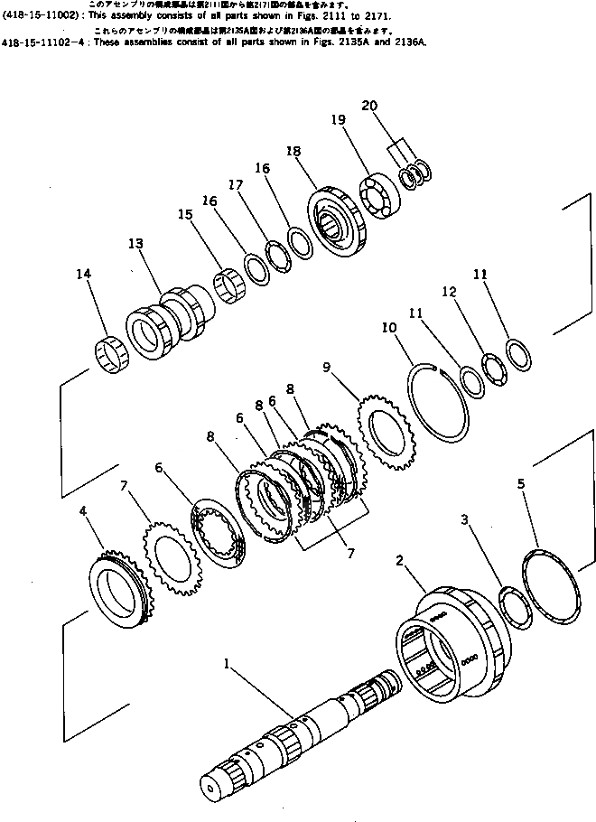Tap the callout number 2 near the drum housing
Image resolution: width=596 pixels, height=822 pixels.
pyautogui.click(x=399, y=560)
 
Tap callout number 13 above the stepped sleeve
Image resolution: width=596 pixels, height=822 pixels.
pyautogui.click(x=135, y=244)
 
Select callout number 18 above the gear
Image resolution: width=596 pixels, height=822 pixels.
pyautogui.click(x=291, y=153)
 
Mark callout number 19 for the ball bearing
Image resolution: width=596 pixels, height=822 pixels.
pyautogui.click(x=339, y=118)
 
